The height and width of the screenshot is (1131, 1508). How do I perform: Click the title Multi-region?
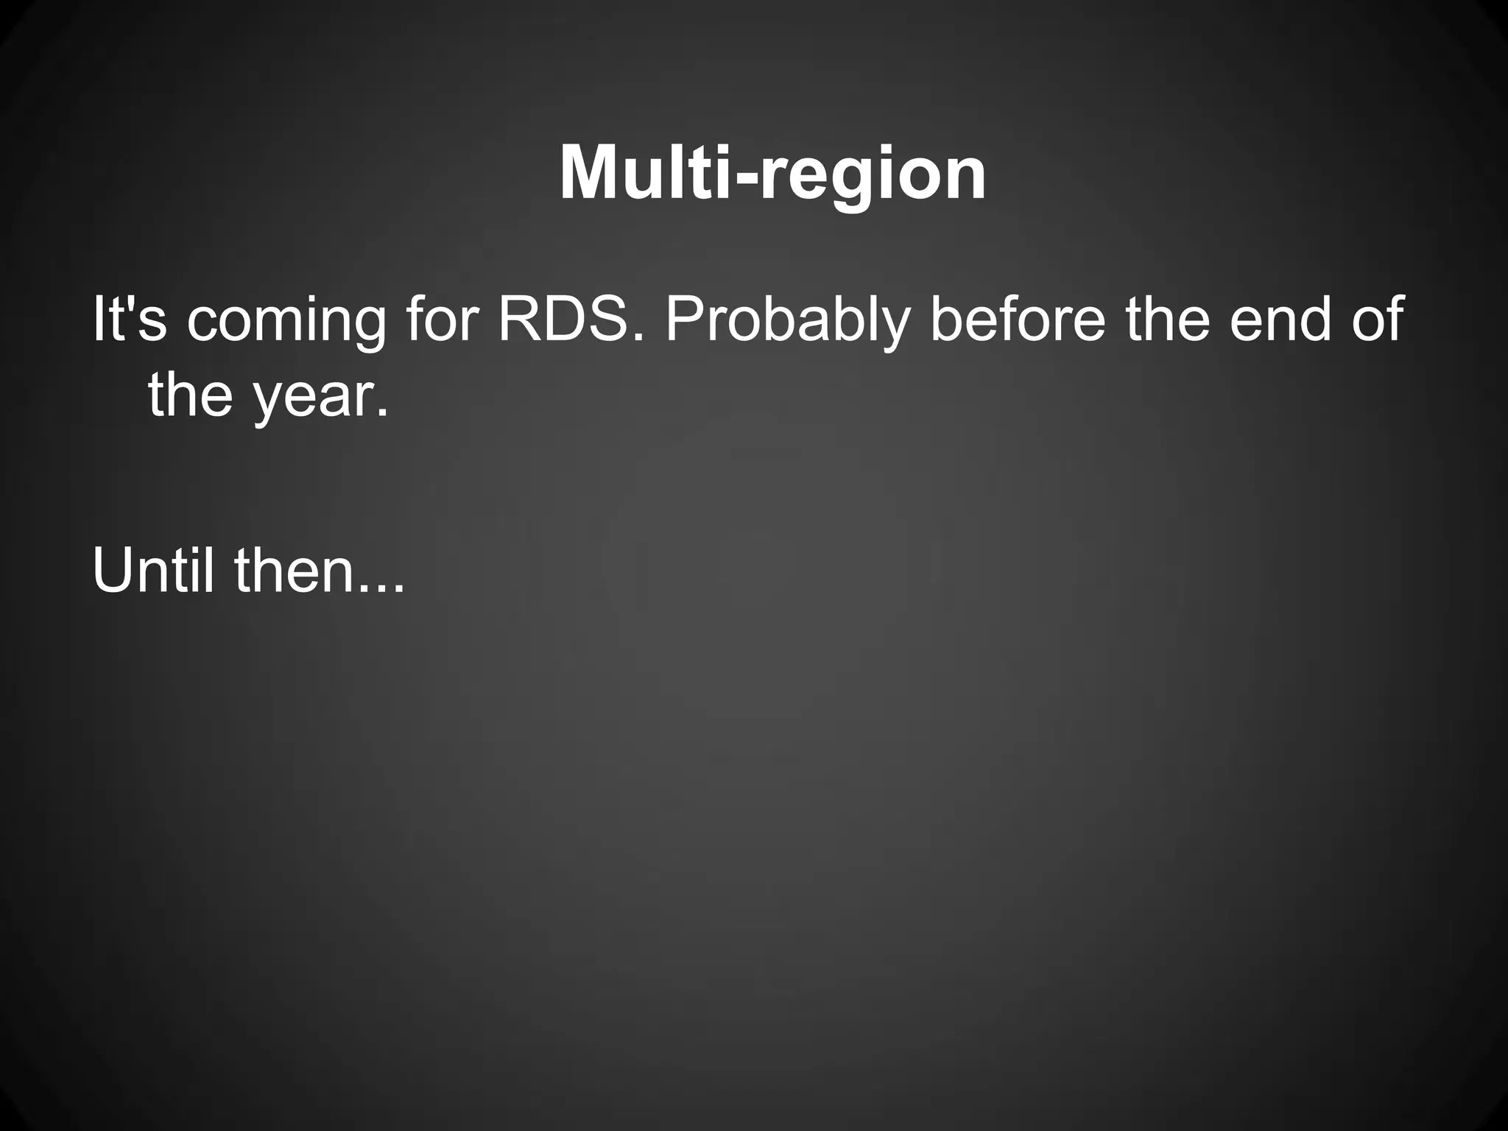pos(772,174)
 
